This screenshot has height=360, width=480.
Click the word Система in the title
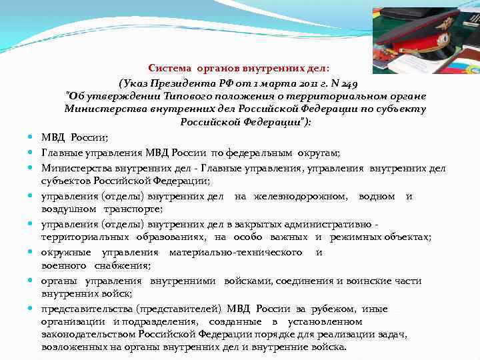(169, 67)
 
